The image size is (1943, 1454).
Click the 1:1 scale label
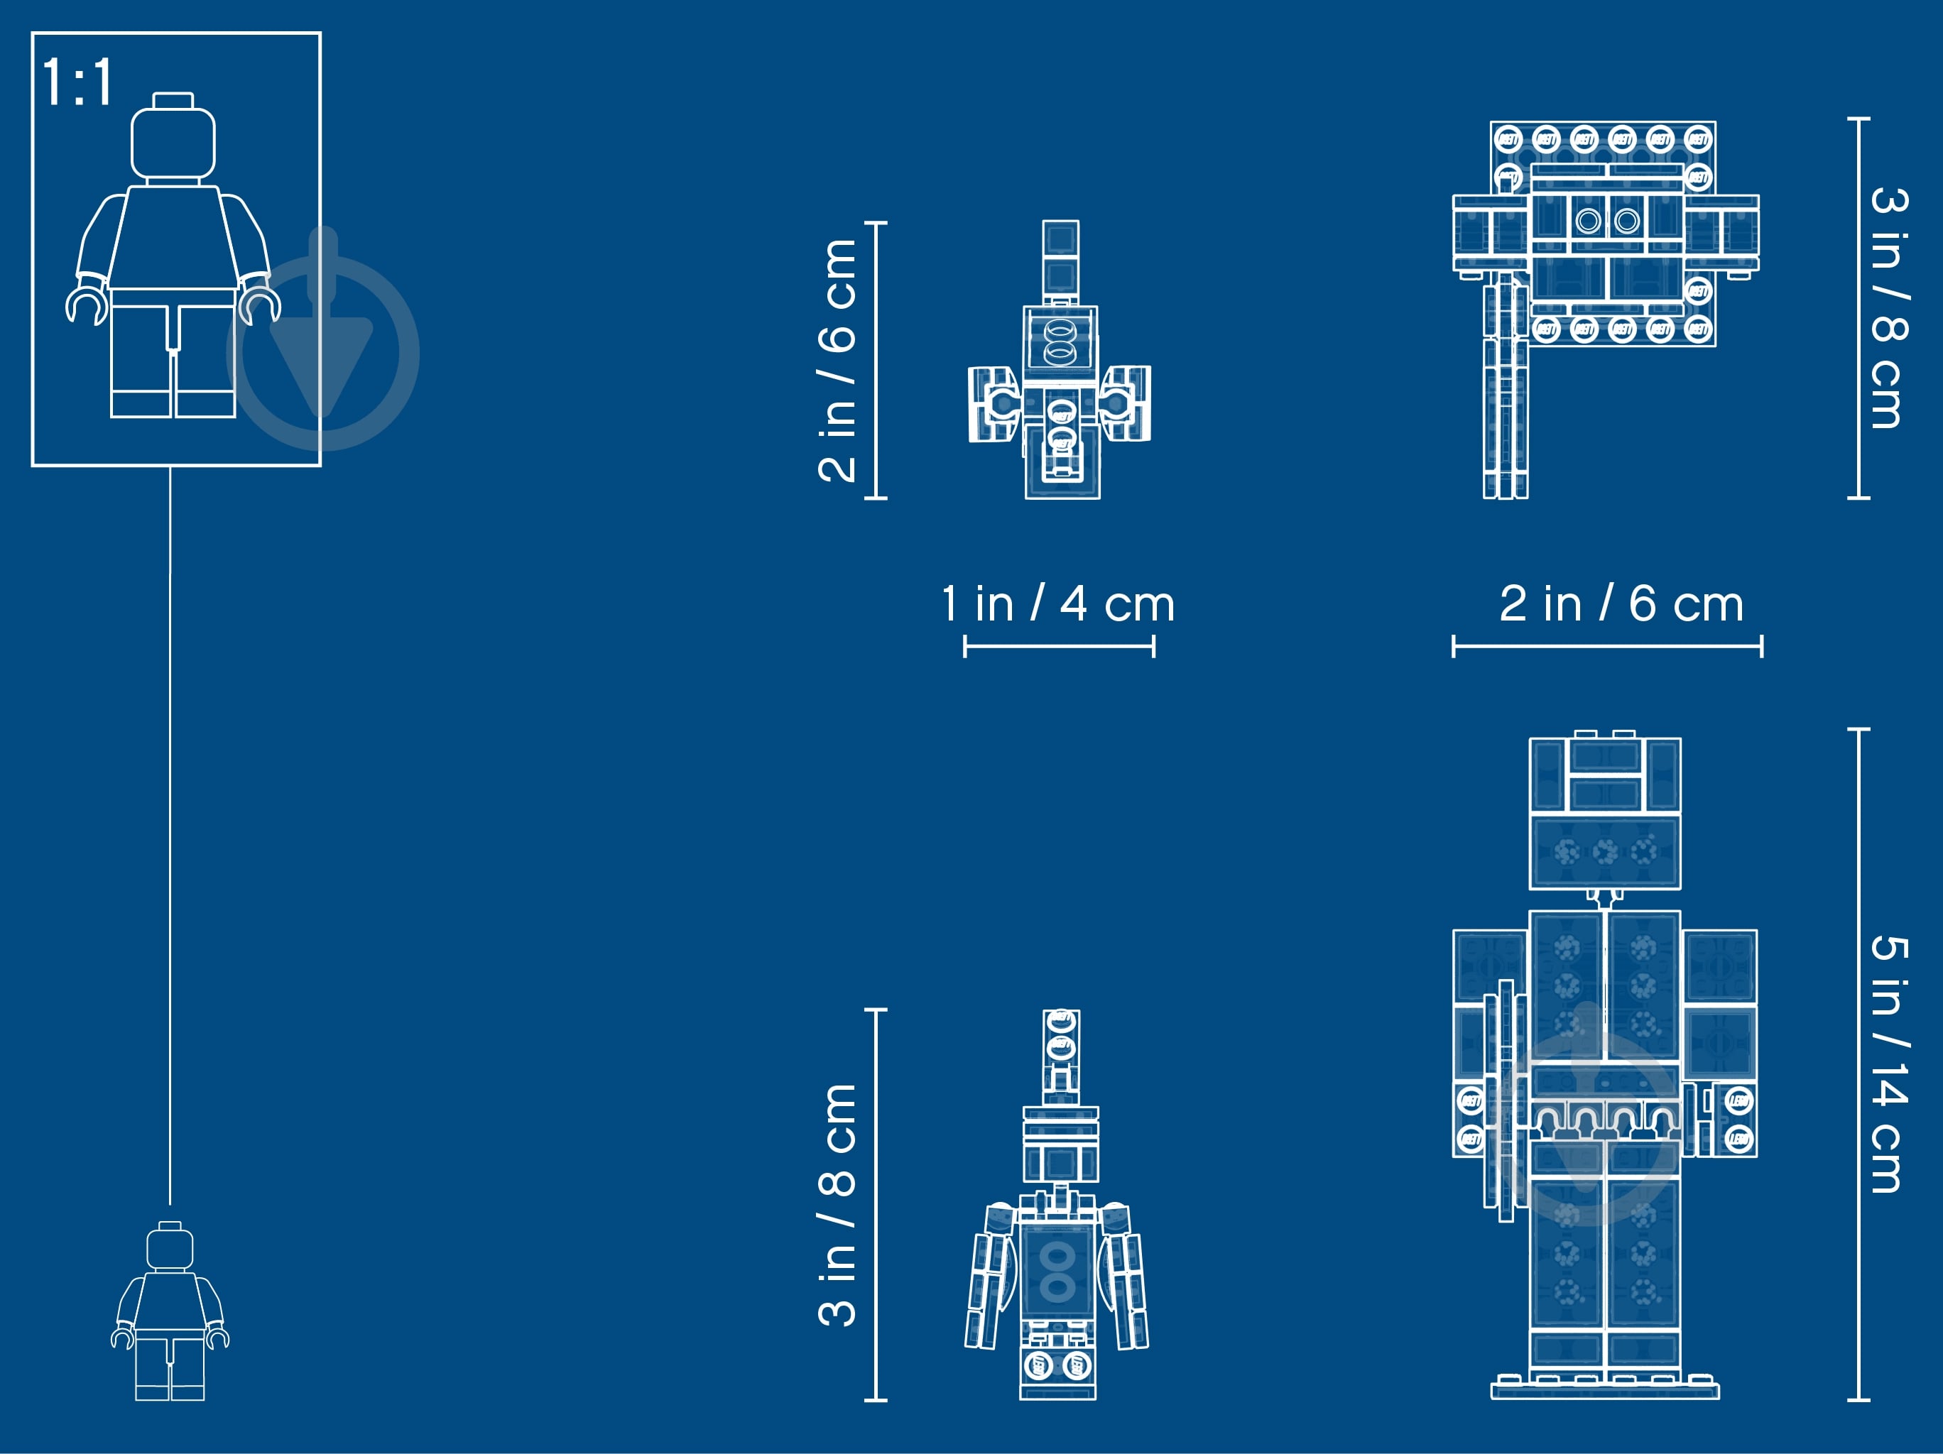tap(78, 82)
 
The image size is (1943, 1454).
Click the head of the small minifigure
tap(170, 1246)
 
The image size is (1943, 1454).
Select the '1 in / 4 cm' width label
tap(1057, 604)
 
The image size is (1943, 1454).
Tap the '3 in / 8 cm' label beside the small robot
tap(837, 1205)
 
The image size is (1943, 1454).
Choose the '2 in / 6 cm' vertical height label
tap(837, 360)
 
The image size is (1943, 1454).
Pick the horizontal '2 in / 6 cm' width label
tap(1621, 604)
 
